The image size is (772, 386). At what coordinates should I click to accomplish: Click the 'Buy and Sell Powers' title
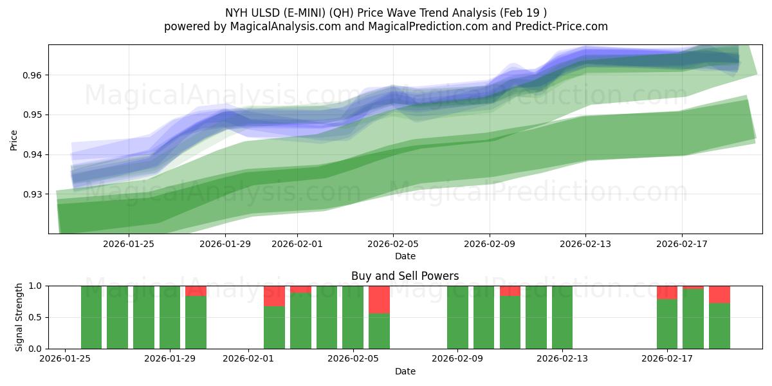[405, 276]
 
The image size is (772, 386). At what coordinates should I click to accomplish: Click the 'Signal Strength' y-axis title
[19, 317]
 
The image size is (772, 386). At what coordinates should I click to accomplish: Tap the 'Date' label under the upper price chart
[405, 256]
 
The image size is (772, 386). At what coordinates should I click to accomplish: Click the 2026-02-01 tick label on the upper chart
[297, 244]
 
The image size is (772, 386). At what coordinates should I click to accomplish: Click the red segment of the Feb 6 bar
[379, 299]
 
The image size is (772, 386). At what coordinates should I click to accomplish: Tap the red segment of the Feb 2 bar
[274, 296]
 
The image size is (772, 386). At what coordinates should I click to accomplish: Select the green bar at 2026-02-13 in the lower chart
[562, 317]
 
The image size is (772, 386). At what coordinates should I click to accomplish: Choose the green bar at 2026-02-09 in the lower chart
[457, 317]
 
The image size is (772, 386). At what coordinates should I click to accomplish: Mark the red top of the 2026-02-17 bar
[667, 292]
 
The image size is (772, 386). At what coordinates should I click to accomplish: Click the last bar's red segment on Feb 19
[719, 294]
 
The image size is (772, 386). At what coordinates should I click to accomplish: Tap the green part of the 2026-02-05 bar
[353, 317]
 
